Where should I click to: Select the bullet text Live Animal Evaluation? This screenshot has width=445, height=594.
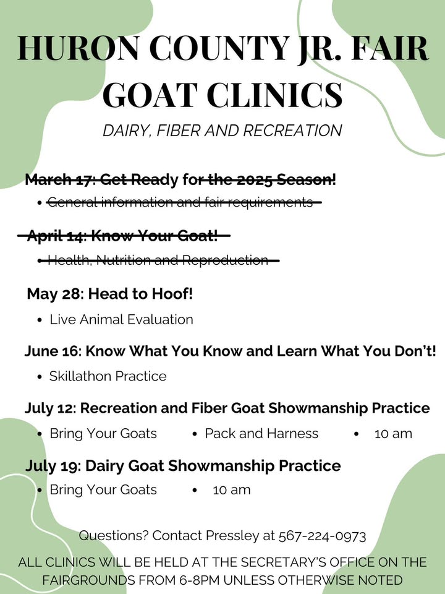point(122,319)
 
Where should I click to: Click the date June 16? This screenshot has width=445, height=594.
point(52,351)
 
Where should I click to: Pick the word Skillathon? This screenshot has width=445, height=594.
point(80,376)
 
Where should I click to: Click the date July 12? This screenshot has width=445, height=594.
point(50,408)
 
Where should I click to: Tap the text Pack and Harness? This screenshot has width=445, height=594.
point(261,433)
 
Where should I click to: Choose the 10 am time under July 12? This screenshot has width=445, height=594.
point(393,434)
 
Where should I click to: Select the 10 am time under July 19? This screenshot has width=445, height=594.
point(232,490)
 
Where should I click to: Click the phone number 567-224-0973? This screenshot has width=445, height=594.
point(323,536)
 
